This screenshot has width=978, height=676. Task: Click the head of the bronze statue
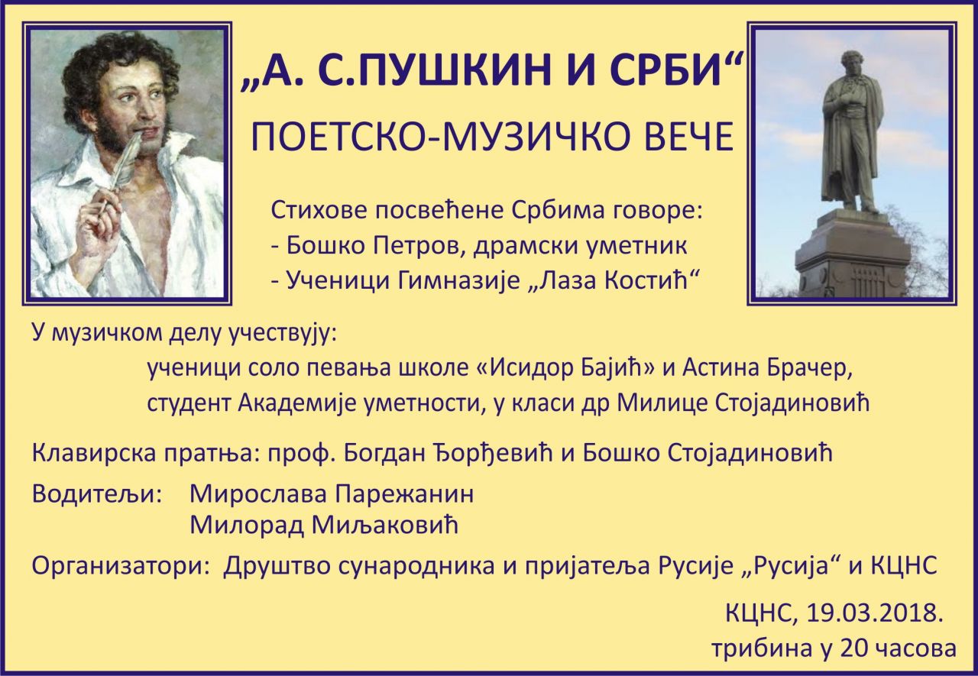pos(848,66)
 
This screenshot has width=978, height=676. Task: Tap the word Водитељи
pos(96,495)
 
